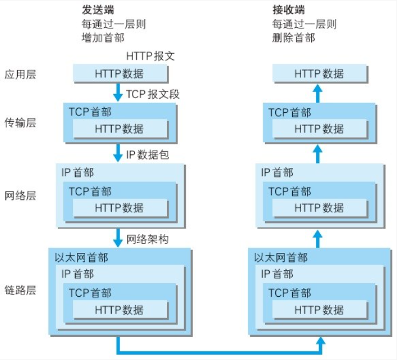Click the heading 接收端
(289, 10)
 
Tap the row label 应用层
(20, 74)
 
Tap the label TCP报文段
(152, 93)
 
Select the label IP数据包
(148, 154)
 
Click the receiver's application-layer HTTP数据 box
(319, 74)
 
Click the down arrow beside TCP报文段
(118, 92)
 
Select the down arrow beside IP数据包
(118, 153)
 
